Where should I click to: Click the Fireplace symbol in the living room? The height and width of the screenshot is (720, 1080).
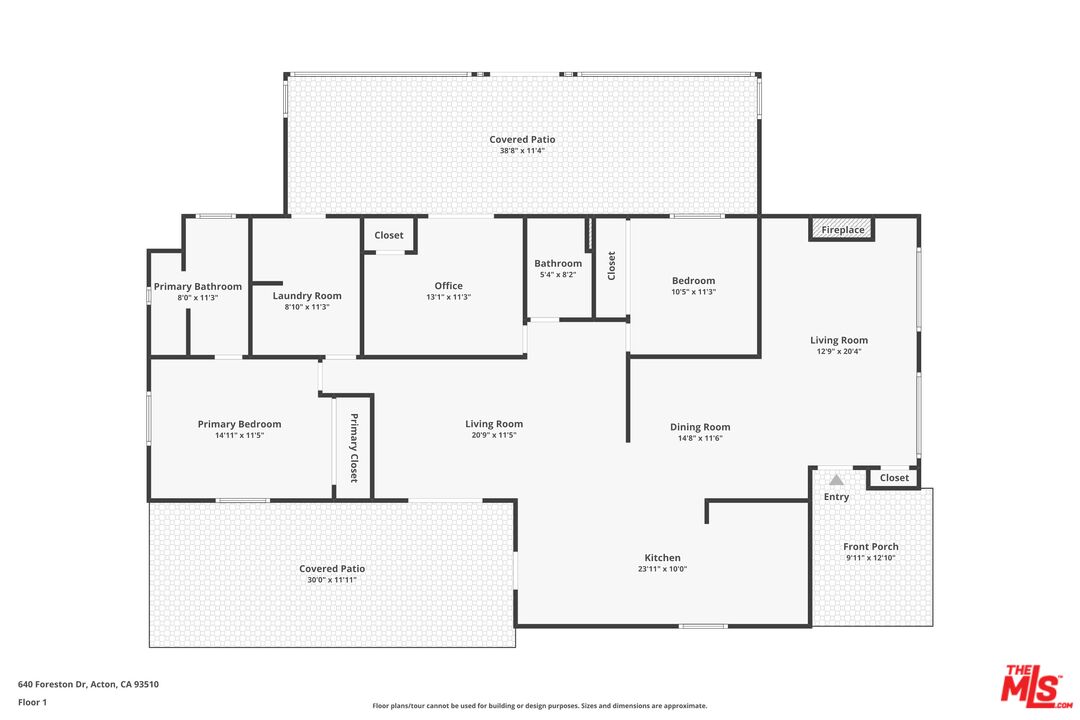[842, 230]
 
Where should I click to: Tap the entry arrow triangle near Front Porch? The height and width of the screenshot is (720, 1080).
[836, 480]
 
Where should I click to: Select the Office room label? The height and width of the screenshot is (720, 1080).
[448, 286]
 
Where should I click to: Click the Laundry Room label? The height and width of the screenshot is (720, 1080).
[307, 296]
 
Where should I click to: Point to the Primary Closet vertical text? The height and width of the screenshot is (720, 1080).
[353, 448]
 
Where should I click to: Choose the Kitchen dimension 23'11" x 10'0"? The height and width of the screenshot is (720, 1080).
[662, 569]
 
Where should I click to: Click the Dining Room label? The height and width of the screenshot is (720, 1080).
[700, 427]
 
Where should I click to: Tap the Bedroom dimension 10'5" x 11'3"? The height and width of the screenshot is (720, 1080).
[693, 292]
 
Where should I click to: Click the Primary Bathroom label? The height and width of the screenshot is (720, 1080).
[198, 287]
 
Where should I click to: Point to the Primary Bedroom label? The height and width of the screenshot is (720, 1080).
[239, 424]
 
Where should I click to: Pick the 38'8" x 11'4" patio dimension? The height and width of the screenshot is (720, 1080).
[522, 151]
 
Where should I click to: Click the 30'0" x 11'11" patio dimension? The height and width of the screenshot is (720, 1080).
[331, 580]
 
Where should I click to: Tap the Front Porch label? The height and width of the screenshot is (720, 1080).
[870, 547]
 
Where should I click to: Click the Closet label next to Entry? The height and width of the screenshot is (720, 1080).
[894, 478]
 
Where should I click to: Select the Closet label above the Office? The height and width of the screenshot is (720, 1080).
[389, 236]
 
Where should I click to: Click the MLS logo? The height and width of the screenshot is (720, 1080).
[1036, 685]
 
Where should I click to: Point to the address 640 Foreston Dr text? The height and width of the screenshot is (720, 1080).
[88, 685]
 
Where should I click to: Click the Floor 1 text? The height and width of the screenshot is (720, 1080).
[32, 702]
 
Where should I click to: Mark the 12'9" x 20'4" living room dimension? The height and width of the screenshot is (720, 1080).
[838, 351]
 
